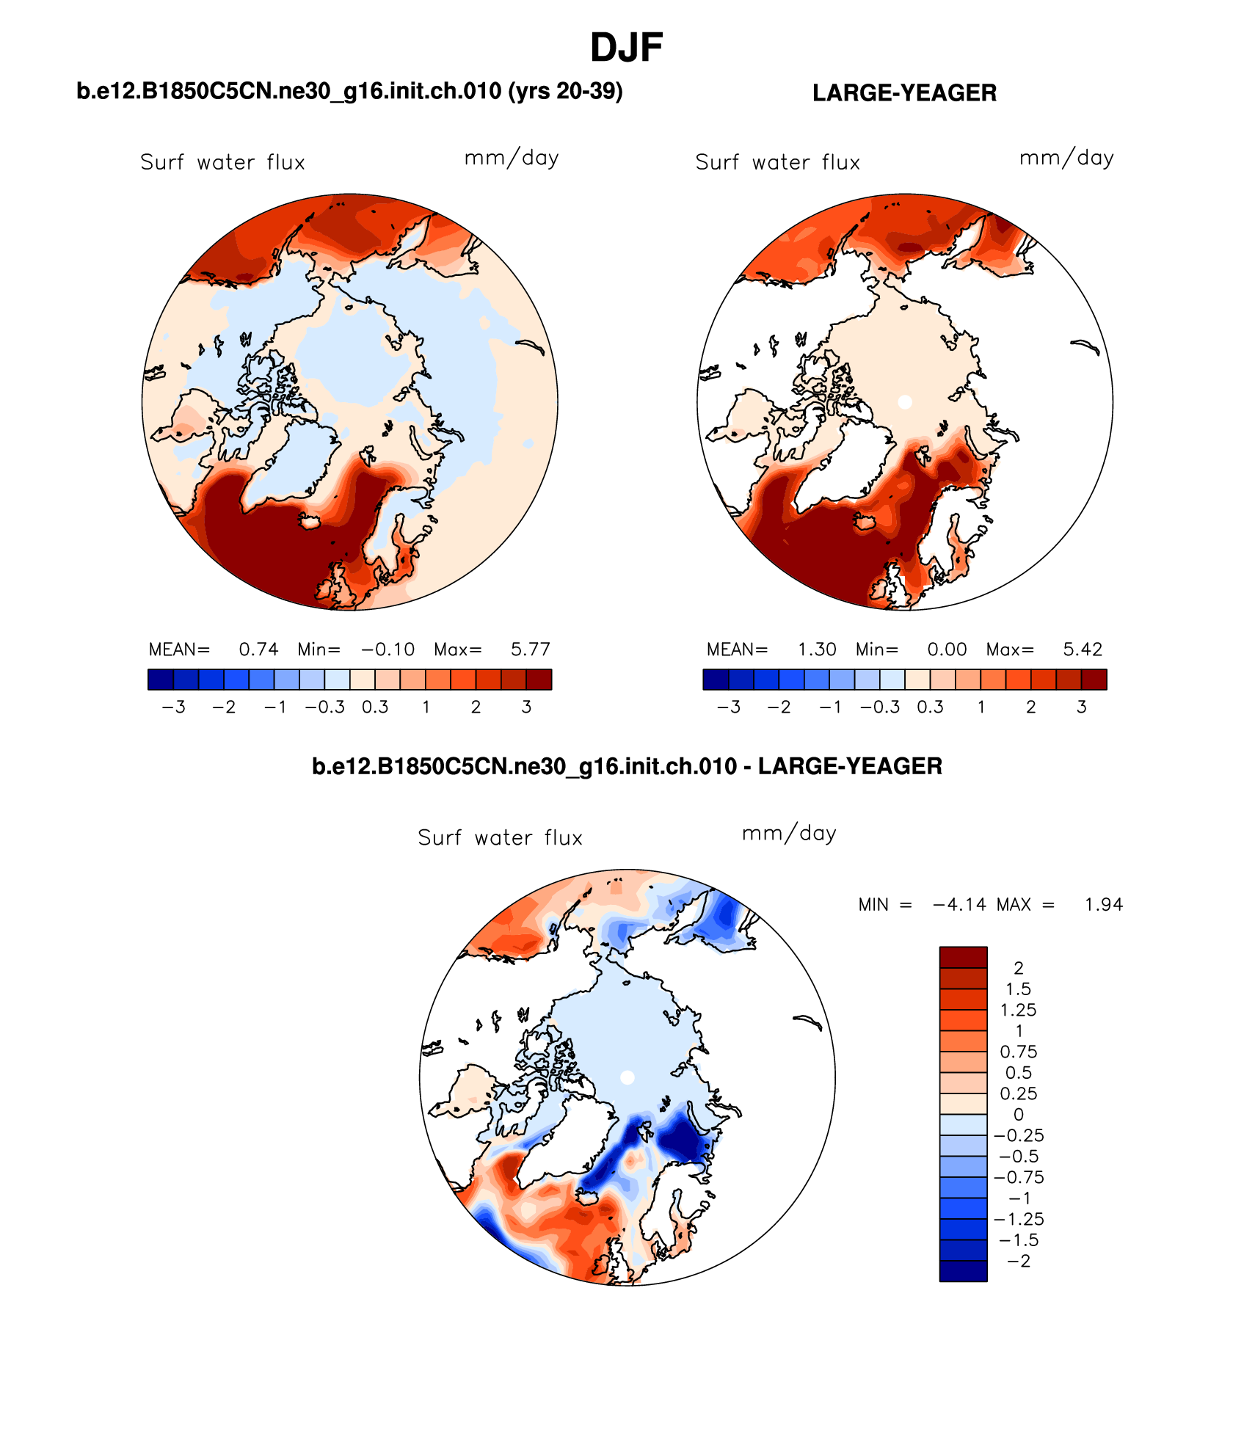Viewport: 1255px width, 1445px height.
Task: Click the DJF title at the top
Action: [626, 48]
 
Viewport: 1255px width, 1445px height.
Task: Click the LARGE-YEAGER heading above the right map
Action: [904, 93]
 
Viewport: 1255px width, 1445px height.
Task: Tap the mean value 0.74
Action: [258, 649]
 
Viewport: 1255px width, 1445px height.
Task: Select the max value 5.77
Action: [530, 649]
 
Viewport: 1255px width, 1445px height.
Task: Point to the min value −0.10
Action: [388, 649]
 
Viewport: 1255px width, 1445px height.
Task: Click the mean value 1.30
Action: [817, 649]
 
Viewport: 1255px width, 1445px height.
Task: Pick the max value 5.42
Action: [1083, 649]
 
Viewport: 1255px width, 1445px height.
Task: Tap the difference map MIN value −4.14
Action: [959, 905]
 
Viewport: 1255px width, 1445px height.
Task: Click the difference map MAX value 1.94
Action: [1104, 905]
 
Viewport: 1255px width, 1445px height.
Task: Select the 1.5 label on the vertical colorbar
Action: [1018, 989]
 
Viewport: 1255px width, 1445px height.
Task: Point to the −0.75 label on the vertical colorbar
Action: [1019, 1178]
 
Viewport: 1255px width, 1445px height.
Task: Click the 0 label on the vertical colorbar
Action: [1018, 1115]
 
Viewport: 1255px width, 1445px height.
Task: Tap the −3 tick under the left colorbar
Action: [173, 707]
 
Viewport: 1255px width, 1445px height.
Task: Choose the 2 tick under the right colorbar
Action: [1031, 707]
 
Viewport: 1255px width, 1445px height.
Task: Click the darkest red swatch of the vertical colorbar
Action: [963, 957]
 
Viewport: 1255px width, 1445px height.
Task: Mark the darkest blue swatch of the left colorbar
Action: [161, 680]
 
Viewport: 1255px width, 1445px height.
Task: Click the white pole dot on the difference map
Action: [627, 1077]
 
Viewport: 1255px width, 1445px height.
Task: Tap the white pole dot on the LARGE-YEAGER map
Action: [905, 402]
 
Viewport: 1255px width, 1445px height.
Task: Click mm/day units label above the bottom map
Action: [789, 834]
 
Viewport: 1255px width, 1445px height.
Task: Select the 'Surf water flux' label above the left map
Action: [222, 162]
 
